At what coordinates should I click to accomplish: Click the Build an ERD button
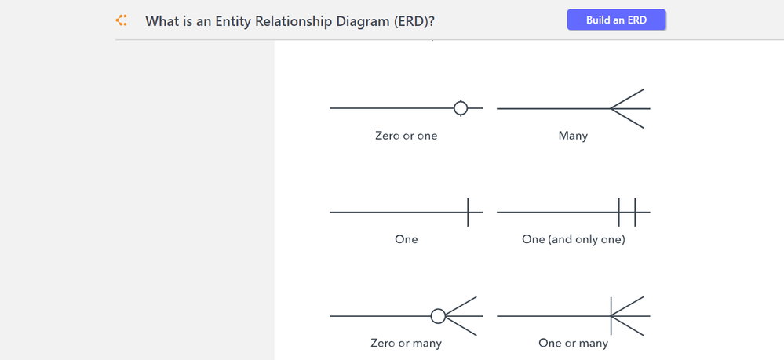(616, 20)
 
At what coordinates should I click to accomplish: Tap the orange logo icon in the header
(121, 20)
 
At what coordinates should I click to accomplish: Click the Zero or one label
(406, 136)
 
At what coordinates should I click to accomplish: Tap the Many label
(573, 136)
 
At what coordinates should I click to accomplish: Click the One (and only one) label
(574, 239)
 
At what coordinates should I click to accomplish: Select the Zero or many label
(406, 344)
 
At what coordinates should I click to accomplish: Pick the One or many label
(573, 344)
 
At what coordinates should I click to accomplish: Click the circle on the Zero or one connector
(461, 108)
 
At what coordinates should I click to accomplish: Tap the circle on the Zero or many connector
(438, 316)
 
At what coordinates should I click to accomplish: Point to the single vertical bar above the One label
(468, 212)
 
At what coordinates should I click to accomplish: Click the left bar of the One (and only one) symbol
(619, 212)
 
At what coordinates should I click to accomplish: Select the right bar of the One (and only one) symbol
(635, 212)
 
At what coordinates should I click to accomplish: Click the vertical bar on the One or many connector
(611, 316)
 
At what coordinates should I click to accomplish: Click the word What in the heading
(160, 21)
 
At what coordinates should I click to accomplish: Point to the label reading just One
(406, 239)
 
